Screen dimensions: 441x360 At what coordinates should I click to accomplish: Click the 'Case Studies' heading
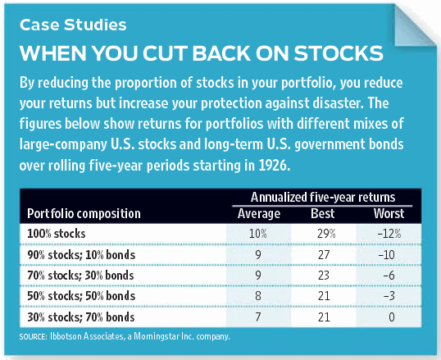(73, 25)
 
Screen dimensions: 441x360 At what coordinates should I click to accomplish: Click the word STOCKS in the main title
(339, 53)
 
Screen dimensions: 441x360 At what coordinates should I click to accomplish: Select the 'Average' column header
(259, 213)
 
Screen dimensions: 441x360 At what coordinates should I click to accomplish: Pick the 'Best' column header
(323, 213)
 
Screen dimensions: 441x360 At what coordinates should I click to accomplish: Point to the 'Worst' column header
(389, 213)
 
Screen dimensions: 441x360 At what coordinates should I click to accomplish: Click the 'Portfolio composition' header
(84, 214)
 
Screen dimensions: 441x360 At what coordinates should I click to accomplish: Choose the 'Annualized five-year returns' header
(323, 197)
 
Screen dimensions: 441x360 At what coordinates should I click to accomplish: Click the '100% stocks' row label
(57, 234)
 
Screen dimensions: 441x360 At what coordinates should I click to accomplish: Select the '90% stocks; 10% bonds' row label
(81, 255)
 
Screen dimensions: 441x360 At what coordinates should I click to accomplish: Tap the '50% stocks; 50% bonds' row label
(81, 296)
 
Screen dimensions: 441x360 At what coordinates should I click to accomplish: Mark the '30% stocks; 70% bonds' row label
(81, 317)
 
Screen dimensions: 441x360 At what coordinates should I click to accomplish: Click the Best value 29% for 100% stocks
(326, 234)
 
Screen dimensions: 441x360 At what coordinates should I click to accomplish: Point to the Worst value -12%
(389, 234)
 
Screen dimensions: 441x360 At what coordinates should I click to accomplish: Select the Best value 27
(324, 255)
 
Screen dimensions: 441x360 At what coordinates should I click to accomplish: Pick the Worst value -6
(389, 276)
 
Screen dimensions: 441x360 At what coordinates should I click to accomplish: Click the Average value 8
(258, 296)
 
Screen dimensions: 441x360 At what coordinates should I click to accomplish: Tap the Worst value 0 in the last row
(392, 317)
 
